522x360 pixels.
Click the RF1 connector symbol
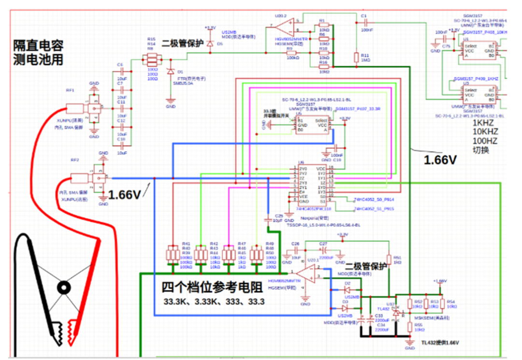(77, 109)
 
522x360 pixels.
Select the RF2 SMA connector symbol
(80, 178)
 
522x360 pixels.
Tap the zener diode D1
(170, 72)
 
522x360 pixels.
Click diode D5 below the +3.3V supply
(209, 44)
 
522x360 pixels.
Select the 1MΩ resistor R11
(356, 58)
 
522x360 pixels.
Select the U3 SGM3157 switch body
(477, 94)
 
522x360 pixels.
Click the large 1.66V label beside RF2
(125, 195)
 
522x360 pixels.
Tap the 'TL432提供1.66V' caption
(439, 343)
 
